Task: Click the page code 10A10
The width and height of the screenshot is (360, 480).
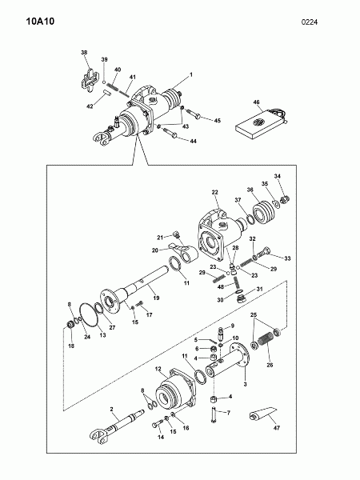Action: pos(40,22)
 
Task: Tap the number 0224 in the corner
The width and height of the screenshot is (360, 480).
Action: pos(309,22)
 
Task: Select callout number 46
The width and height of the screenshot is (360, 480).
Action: pos(256,102)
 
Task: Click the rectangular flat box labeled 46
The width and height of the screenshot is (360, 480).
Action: pos(261,124)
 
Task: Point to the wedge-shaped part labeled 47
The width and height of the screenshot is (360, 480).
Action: pos(263,414)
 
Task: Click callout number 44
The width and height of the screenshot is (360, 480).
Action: pos(193,141)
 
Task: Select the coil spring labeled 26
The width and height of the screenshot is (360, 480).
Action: pos(265,340)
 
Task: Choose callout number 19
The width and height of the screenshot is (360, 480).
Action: pos(156,298)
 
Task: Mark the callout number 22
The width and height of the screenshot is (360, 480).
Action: pos(214,192)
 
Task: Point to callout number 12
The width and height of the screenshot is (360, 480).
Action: pos(158,369)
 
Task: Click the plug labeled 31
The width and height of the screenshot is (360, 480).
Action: pos(242,298)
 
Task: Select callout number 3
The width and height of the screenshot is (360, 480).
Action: pos(245,384)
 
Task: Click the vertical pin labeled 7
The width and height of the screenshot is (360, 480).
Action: pos(214,414)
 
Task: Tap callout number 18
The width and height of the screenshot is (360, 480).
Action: pos(71,346)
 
